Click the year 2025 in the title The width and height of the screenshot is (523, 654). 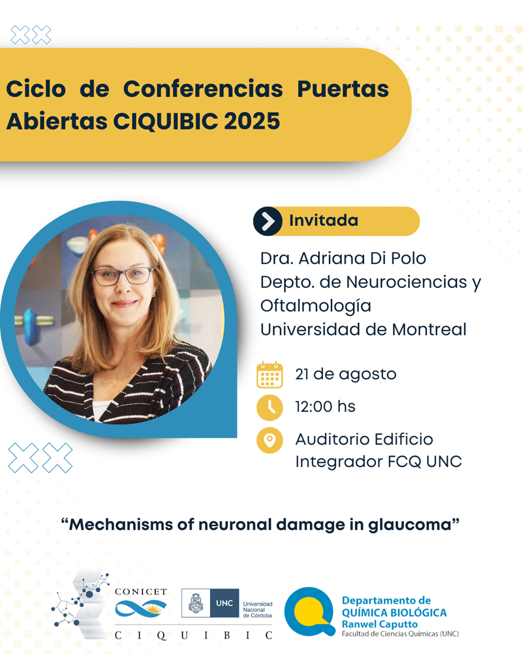click(x=252, y=122)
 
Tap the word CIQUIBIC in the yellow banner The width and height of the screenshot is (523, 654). click(x=166, y=122)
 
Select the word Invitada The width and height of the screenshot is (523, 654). click(x=324, y=220)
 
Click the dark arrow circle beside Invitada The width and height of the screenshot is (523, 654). click(x=268, y=221)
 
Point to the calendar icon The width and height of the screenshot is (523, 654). click(x=269, y=375)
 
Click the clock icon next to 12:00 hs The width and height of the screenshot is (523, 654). click(x=269, y=408)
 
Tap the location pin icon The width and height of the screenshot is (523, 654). click(x=269, y=440)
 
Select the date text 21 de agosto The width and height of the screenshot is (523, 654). click(x=346, y=374)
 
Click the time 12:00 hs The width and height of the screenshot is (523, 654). click(x=325, y=406)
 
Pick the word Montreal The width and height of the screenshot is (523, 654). click(x=429, y=330)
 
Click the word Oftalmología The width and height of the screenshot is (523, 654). click(x=316, y=306)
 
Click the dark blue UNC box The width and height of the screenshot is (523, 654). click(x=224, y=603)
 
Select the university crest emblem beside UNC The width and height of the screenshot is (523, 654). click(x=195, y=603)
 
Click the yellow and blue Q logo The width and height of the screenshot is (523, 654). click(x=310, y=611)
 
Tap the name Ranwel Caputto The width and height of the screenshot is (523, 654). click(x=380, y=625)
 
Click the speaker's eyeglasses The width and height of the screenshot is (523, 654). click(x=122, y=276)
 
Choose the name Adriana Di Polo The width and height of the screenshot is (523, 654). click(x=363, y=259)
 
